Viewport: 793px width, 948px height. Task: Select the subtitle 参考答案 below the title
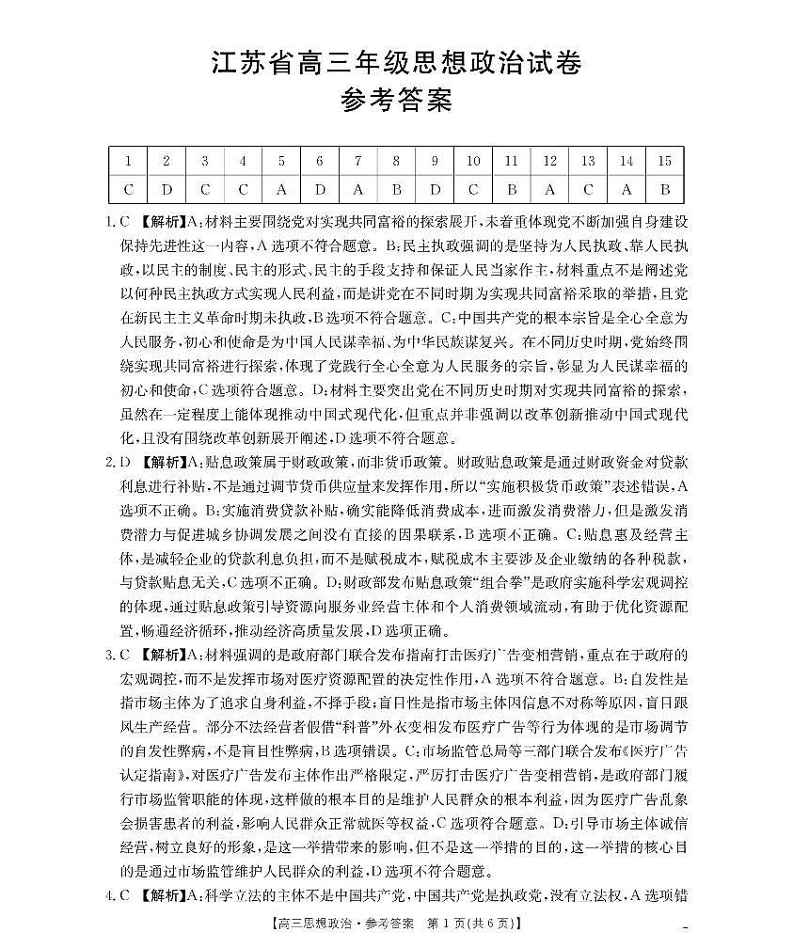[395, 100]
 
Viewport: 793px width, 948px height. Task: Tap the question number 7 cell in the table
[357, 161]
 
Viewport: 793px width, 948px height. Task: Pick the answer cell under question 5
[281, 189]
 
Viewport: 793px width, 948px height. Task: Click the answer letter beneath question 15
[664, 189]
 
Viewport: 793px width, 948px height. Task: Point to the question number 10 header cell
[473, 161]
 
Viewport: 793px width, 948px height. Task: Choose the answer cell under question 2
[167, 189]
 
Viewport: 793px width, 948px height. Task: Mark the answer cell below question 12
[549, 189]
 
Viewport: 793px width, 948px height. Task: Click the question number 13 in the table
[588, 161]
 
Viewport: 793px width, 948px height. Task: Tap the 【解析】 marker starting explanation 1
[162, 223]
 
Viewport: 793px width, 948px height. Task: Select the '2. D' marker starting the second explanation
[118, 462]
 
